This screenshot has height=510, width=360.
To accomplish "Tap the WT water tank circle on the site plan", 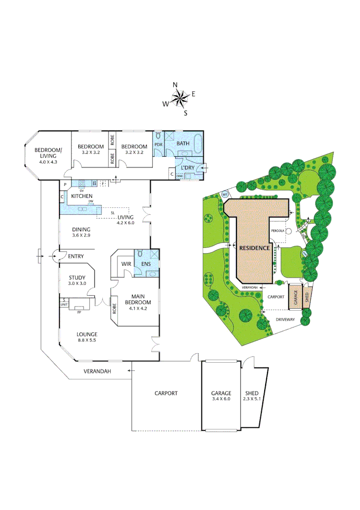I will (x=225, y=194).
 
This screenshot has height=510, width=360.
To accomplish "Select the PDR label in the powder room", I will (x=159, y=146).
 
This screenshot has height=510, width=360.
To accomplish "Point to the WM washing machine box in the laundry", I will (x=179, y=177).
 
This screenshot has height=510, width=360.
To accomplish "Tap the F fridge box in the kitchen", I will (x=102, y=182).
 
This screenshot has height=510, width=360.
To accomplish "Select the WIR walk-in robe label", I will (x=126, y=263).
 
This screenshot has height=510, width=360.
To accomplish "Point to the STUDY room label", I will (x=76, y=278).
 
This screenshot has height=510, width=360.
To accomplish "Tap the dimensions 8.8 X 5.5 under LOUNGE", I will (x=88, y=340).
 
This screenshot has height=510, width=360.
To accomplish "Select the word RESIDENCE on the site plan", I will (x=254, y=247).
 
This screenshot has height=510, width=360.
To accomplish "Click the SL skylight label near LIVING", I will (x=113, y=213).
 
